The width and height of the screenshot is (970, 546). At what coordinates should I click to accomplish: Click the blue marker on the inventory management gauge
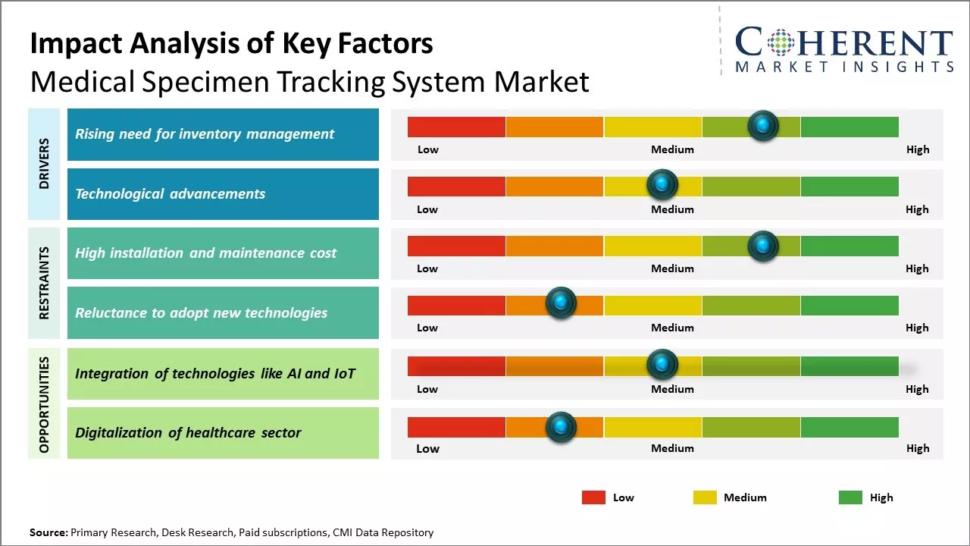763,125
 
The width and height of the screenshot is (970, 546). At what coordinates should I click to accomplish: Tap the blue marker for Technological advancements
662,184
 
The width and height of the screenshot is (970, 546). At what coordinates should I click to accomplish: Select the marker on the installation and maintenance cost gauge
763,246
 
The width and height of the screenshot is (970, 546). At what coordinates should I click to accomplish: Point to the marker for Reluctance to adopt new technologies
561,303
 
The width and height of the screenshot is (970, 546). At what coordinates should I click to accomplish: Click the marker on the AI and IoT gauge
662,365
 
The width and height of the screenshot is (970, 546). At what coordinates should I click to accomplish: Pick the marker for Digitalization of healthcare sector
561,427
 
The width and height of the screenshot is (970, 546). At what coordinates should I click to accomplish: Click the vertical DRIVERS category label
44,164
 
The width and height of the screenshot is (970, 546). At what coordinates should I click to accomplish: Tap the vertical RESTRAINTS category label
44,283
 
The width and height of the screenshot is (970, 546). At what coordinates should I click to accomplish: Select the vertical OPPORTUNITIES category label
44,404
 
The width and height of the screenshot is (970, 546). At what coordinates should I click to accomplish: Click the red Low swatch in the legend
593,497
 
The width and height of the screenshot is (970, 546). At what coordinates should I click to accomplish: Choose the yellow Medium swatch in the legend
705,497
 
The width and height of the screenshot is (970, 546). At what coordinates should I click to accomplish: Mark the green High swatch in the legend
850,497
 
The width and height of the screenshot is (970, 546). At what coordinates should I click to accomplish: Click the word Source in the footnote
48,532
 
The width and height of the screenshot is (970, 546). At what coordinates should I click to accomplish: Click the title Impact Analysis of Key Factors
231,43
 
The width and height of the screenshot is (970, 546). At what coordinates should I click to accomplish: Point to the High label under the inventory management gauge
918,149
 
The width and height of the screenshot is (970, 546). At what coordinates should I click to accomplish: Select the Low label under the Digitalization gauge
427,448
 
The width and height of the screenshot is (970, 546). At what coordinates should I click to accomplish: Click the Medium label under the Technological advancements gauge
672,209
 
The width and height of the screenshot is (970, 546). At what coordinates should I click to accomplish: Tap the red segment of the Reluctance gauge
456,305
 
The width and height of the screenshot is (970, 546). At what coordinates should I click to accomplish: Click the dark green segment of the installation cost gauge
850,246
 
